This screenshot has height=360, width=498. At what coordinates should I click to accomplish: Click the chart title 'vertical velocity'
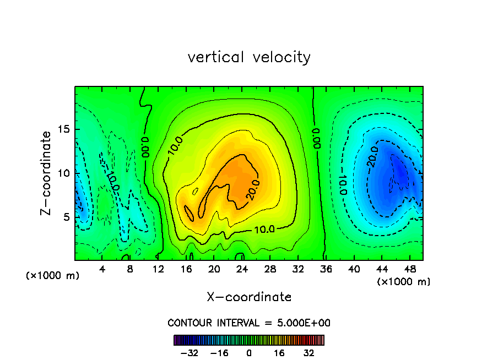point(249,57)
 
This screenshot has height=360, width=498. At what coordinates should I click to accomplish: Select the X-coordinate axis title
point(249,297)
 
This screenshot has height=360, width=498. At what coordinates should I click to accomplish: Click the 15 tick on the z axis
point(63,130)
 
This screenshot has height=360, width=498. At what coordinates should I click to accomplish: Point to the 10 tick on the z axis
point(63,173)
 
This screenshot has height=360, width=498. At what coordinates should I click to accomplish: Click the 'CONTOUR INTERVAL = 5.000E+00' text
point(249,323)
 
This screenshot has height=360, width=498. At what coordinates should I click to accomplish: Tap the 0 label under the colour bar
point(249,353)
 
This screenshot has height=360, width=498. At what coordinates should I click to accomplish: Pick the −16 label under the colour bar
point(219,353)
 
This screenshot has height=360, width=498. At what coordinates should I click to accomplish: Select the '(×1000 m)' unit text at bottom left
point(52,276)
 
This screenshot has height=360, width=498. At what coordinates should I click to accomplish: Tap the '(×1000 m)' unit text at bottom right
point(403,282)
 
